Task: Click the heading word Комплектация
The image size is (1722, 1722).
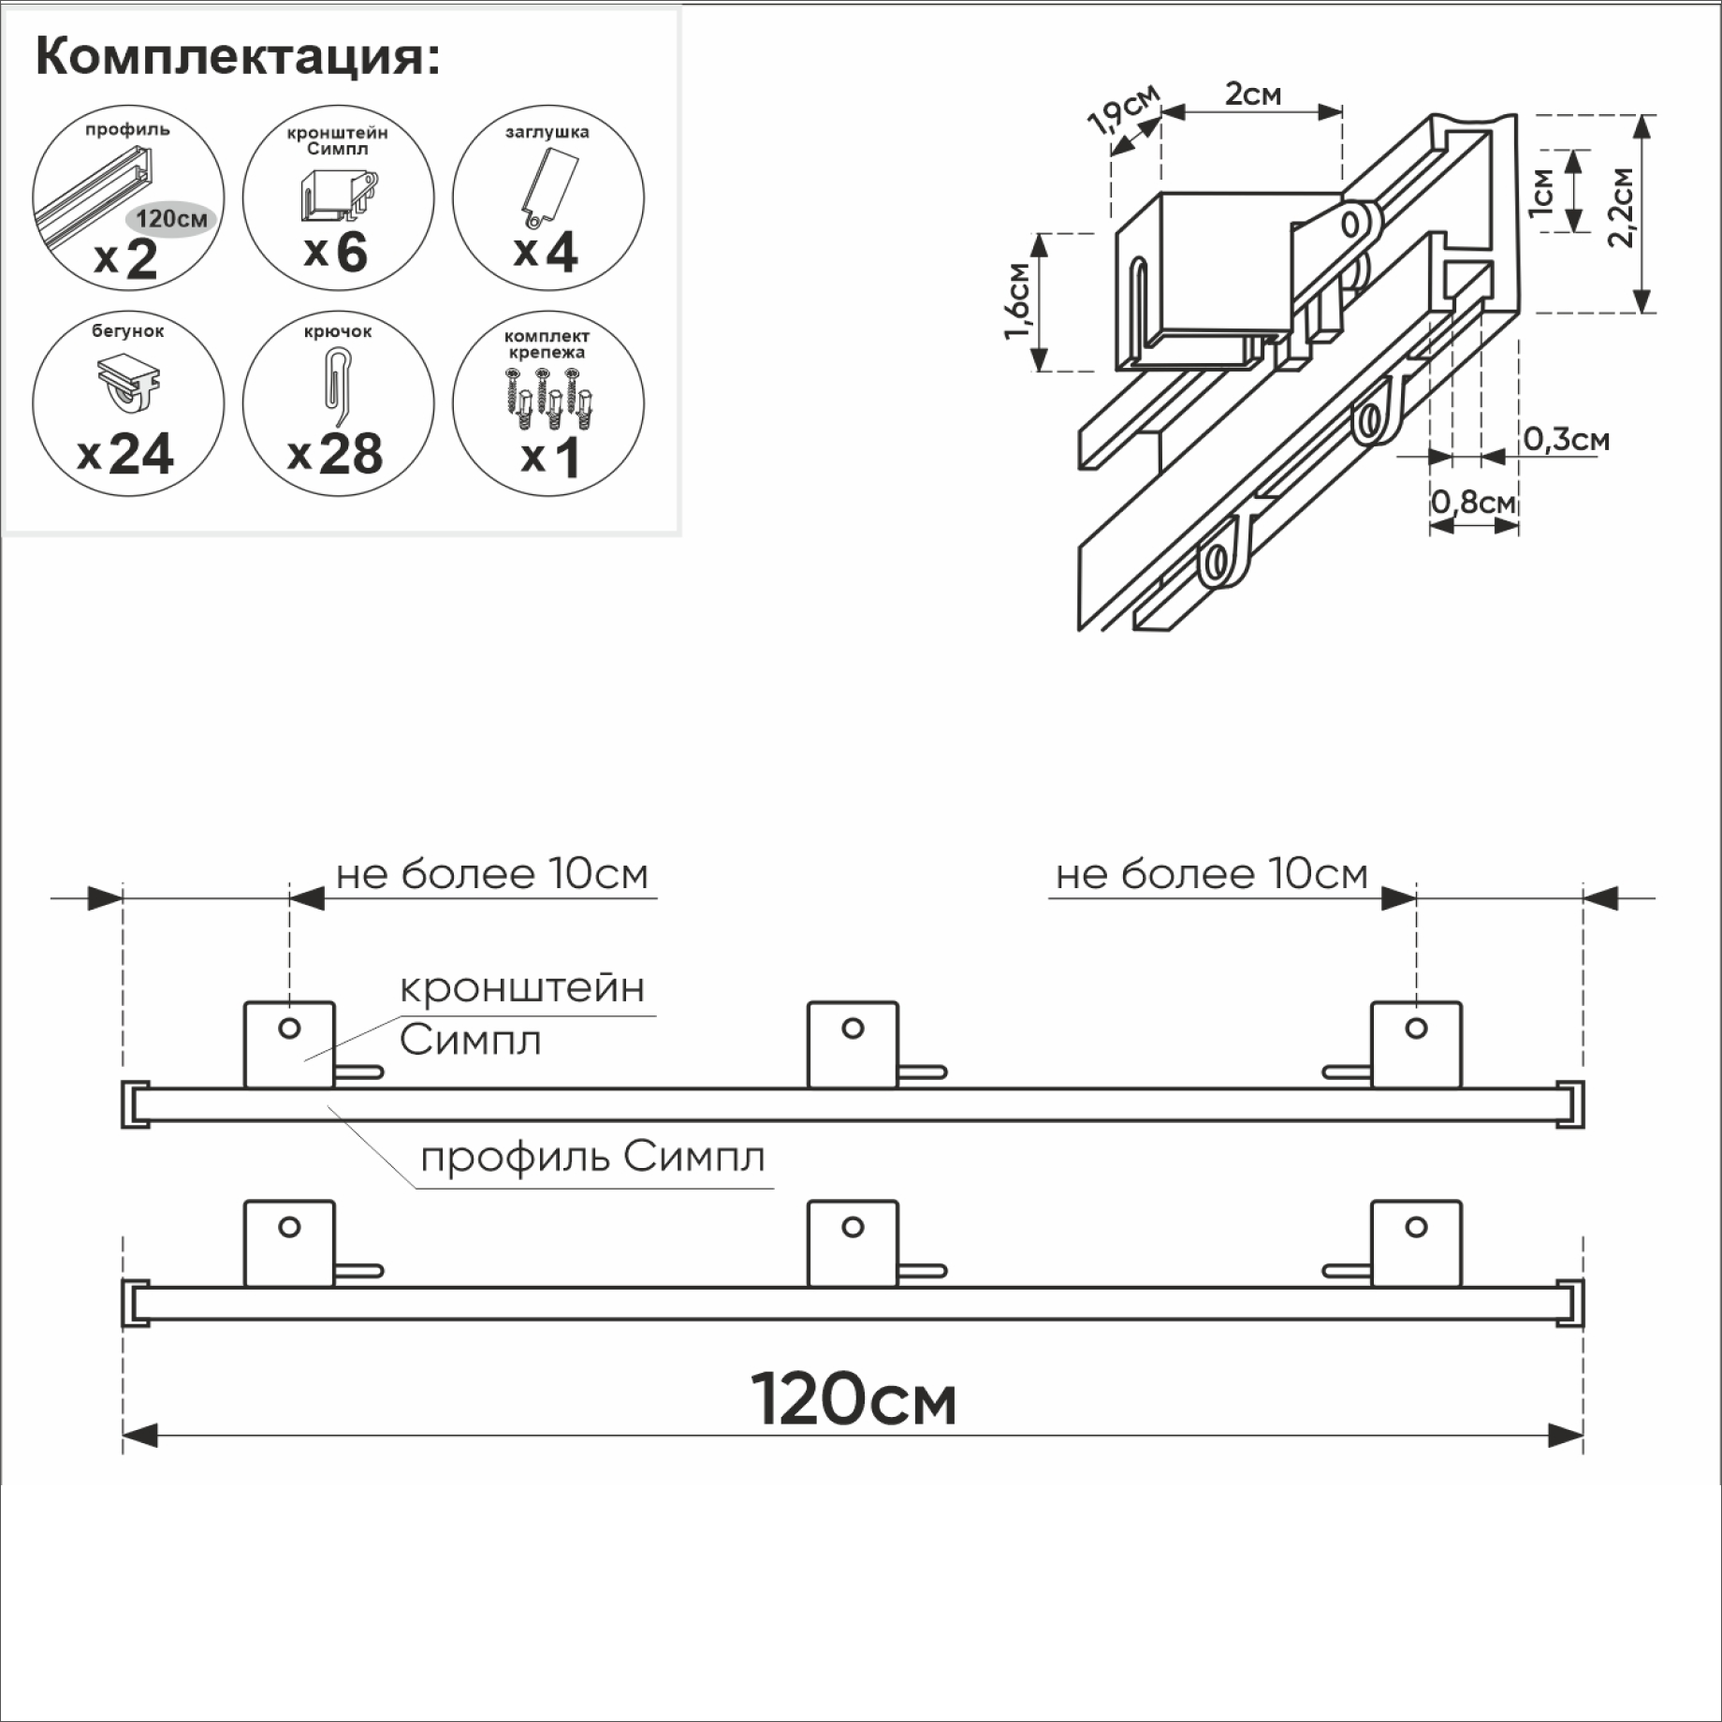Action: (237, 58)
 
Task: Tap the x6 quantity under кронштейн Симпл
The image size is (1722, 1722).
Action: (336, 253)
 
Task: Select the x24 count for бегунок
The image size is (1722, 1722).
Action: (126, 455)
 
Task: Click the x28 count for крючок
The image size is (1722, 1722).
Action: (336, 455)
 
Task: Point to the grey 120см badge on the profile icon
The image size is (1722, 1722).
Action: (171, 219)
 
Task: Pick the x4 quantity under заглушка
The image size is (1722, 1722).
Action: (547, 253)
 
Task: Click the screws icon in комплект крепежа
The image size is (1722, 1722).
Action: (547, 398)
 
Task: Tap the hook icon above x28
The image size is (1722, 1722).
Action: (337, 384)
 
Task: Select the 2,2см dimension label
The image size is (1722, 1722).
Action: (1621, 208)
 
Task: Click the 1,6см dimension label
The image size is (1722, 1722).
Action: (1018, 301)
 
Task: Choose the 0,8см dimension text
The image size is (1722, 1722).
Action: (1473, 503)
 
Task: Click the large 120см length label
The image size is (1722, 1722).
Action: (854, 1401)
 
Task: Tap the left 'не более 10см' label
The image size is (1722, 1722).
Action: (492, 874)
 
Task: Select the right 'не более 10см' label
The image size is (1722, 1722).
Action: (1212, 874)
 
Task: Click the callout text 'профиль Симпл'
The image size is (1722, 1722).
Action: (592, 1158)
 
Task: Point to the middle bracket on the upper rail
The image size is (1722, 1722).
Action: (853, 1044)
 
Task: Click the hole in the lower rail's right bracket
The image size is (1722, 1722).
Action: (1416, 1227)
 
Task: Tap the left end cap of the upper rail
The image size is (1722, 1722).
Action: (135, 1105)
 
